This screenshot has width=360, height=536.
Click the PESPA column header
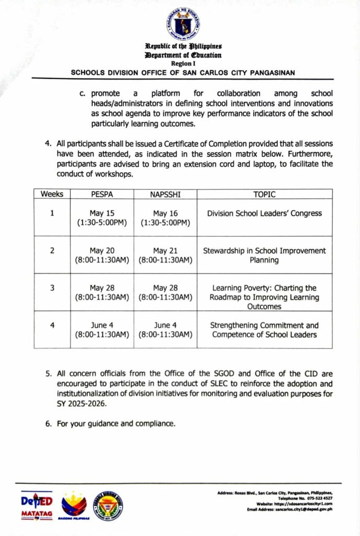(102, 194)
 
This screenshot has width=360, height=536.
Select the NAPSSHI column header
(165, 194)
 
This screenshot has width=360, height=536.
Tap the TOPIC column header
(264, 194)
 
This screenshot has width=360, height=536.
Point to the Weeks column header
(52, 194)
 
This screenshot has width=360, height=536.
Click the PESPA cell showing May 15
(102, 218)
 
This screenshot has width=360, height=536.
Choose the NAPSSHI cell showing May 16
(165, 218)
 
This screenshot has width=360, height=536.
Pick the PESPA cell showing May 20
(102, 255)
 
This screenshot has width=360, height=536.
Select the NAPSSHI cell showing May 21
(165, 255)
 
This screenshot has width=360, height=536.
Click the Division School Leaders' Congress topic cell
(264, 214)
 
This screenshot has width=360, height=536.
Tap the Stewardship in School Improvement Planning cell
(264, 255)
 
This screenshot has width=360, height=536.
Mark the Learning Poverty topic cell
(264, 297)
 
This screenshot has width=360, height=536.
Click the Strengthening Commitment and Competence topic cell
(264, 330)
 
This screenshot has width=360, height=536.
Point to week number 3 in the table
(52, 288)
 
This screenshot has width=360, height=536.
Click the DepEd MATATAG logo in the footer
(37, 505)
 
